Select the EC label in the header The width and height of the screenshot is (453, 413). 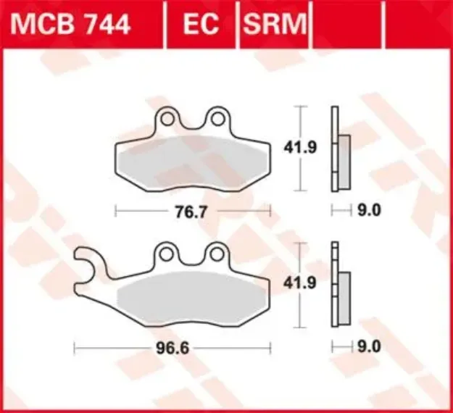point(201,25)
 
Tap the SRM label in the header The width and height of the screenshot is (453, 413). point(275,25)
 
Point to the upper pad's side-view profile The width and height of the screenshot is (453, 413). point(335,149)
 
